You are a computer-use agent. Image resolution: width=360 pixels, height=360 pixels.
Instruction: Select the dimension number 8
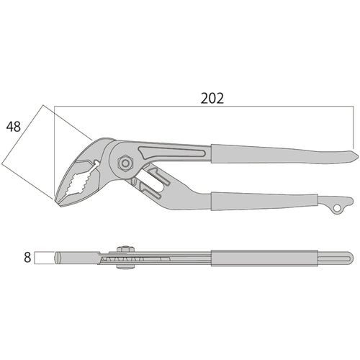tap(27, 257)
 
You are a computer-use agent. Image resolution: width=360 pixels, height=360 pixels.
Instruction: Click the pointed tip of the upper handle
tap(354, 153)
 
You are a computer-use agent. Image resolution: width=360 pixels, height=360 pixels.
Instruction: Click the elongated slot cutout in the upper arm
tap(173, 152)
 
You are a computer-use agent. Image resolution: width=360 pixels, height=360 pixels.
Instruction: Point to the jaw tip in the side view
tap(58, 257)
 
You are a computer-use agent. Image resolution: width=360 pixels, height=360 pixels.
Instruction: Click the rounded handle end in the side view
tap(349, 257)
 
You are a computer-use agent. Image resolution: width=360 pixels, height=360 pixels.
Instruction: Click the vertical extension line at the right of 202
tap(355, 130)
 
